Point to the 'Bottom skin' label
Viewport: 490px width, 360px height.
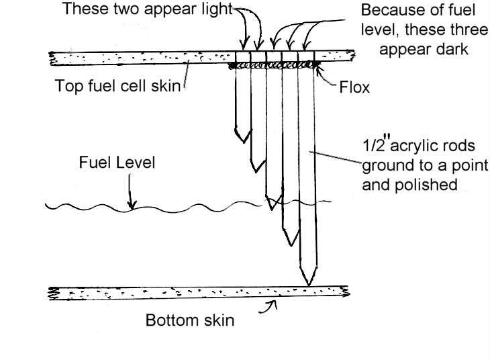(190, 320)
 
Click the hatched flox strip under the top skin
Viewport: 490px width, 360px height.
(272, 65)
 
